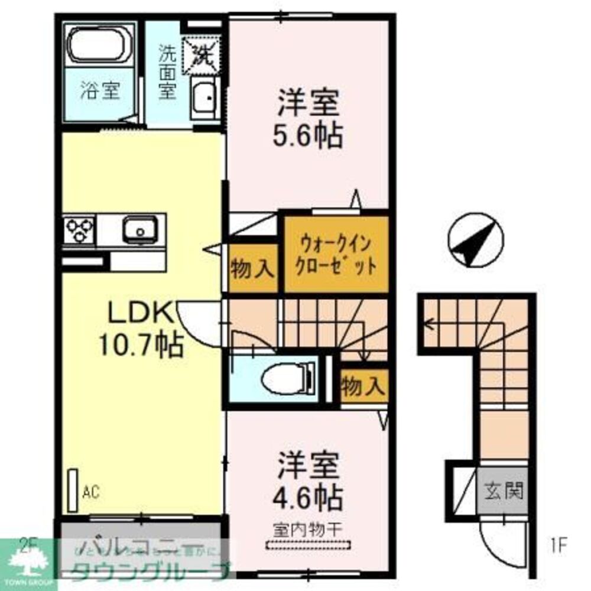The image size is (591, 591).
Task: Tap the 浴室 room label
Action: pyautogui.click(x=100, y=92)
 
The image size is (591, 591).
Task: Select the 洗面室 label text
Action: pyautogui.click(x=167, y=74)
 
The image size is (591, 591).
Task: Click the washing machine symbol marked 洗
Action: pyautogui.click(x=203, y=53)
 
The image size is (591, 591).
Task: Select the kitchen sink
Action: pyautogui.click(x=140, y=229)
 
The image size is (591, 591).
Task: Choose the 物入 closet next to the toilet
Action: pyautogui.click(x=364, y=387)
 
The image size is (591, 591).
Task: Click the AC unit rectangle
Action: pyautogui.click(x=73, y=490)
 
